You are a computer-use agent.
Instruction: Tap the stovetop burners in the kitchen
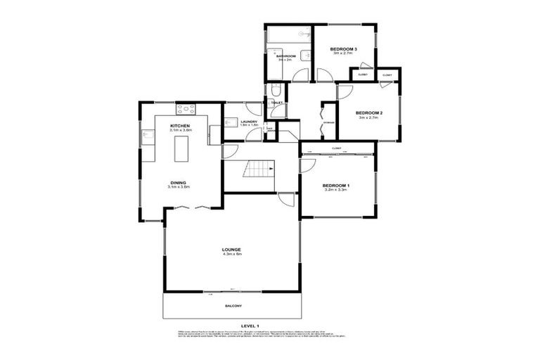pyautogui.click(x=186, y=109)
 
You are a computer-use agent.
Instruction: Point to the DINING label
pyautogui.click(x=179, y=182)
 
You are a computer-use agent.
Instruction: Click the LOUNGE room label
pyautogui.click(x=231, y=250)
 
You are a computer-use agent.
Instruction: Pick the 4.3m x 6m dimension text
pyautogui.click(x=231, y=255)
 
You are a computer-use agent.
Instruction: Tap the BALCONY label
pyautogui.click(x=233, y=306)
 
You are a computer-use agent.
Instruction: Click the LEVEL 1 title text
pyautogui.click(x=250, y=326)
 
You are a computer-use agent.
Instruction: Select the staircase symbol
pyautogui.click(x=259, y=169)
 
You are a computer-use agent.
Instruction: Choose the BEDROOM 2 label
pyautogui.click(x=368, y=113)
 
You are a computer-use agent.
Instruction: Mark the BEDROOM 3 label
pyautogui.click(x=345, y=49)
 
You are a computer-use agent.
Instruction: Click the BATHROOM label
pyautogui.click(x=285, y=56)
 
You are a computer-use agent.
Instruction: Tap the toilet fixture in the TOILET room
pyautogui.click(x=276, y=90)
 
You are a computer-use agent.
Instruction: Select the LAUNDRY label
pyautogui.click(x=249, y=122)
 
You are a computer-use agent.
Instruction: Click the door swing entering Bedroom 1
pyautogui.click(x=307, y=165)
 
